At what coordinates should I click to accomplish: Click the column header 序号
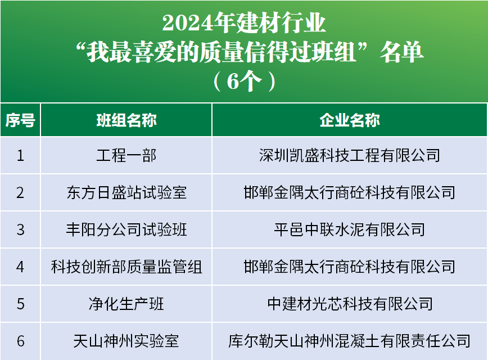[x=20, y=120]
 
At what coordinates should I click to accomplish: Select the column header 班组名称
[x=126, y=120]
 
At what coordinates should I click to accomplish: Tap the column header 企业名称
[x=350, y=120]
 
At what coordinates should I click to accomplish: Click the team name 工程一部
[x=126, y=155]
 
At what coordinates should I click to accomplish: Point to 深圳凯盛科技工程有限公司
[x=350, y=155]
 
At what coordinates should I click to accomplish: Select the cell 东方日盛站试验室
[x=126, y=192]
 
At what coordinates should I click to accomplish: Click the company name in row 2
[x=350, y=192]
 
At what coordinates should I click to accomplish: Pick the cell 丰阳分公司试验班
[x=126, y=229]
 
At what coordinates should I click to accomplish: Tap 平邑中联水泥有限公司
[x=350, y=229]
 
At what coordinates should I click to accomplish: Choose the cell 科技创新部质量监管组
[x=126, y=267]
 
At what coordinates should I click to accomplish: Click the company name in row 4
[x=350, y=267]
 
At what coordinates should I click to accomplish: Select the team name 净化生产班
[x=126, y=304]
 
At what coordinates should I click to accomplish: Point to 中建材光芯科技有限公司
[x=350, y=304]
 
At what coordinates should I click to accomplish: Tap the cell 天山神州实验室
[x=126, y=341]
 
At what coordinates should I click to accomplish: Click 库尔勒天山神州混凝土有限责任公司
[x=350, y=341]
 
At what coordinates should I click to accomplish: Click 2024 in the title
[x=187, y=23]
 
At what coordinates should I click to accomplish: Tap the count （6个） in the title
[x=245, y=81]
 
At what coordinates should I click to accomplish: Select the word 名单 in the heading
[x=401, y=52]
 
